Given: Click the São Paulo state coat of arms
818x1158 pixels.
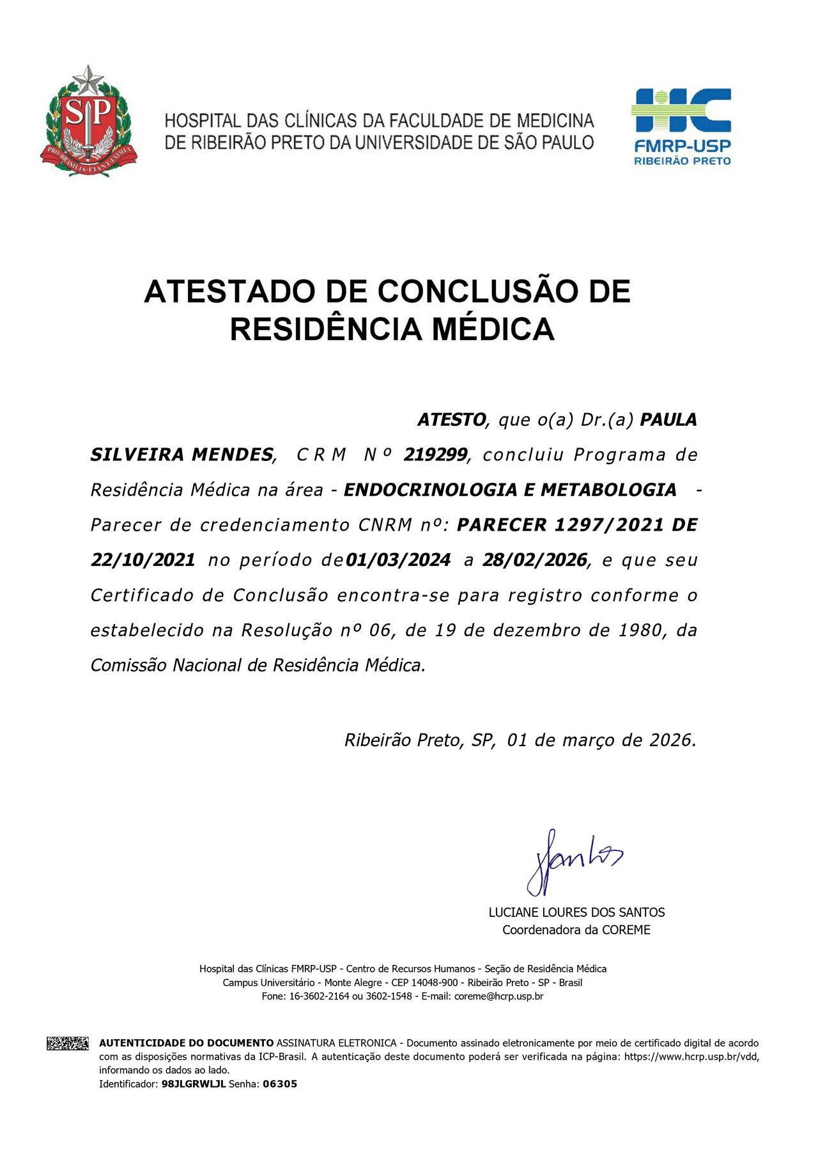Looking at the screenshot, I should coord(88,121).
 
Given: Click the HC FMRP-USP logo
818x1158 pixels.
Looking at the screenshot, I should coord(681,127).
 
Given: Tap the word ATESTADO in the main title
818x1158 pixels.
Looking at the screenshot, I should coord(230,292).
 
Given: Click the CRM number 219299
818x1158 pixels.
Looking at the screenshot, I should coord(435,455).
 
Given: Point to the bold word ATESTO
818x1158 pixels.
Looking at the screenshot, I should coord(451,420).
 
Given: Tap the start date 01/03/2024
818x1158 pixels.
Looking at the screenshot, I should coord(398,560).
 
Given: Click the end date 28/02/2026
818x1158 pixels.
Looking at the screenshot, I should coord(534,560).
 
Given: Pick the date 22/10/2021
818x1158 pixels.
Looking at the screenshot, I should coord(143,560).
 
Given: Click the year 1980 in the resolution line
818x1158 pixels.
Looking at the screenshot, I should coord(641,630).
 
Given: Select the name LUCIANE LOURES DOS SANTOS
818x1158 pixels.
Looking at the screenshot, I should coord(576,912).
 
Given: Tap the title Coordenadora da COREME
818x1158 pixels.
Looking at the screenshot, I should coord(576,930).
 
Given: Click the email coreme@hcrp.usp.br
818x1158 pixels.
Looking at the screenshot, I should coord(498,996).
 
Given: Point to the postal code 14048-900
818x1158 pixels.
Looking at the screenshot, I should coord(434,983).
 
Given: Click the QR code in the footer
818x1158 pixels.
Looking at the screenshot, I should coord(67,1044).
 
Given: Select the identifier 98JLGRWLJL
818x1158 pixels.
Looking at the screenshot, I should coord(194,1084).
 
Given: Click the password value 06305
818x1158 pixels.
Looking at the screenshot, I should coord(280,1084).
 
